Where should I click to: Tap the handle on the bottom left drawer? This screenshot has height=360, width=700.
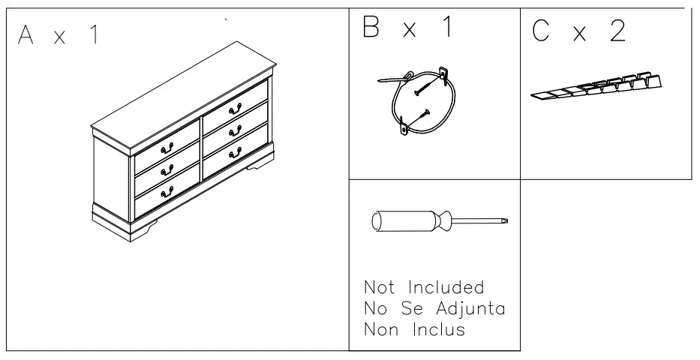(x=167, y=192)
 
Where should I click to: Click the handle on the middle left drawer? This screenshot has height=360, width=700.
(x=167, y=170)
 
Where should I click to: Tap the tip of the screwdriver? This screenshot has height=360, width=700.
(x=505, y=220)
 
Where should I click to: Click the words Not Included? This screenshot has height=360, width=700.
(x=423, y=287)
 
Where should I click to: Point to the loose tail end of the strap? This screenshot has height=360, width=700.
(x=386, y=79)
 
